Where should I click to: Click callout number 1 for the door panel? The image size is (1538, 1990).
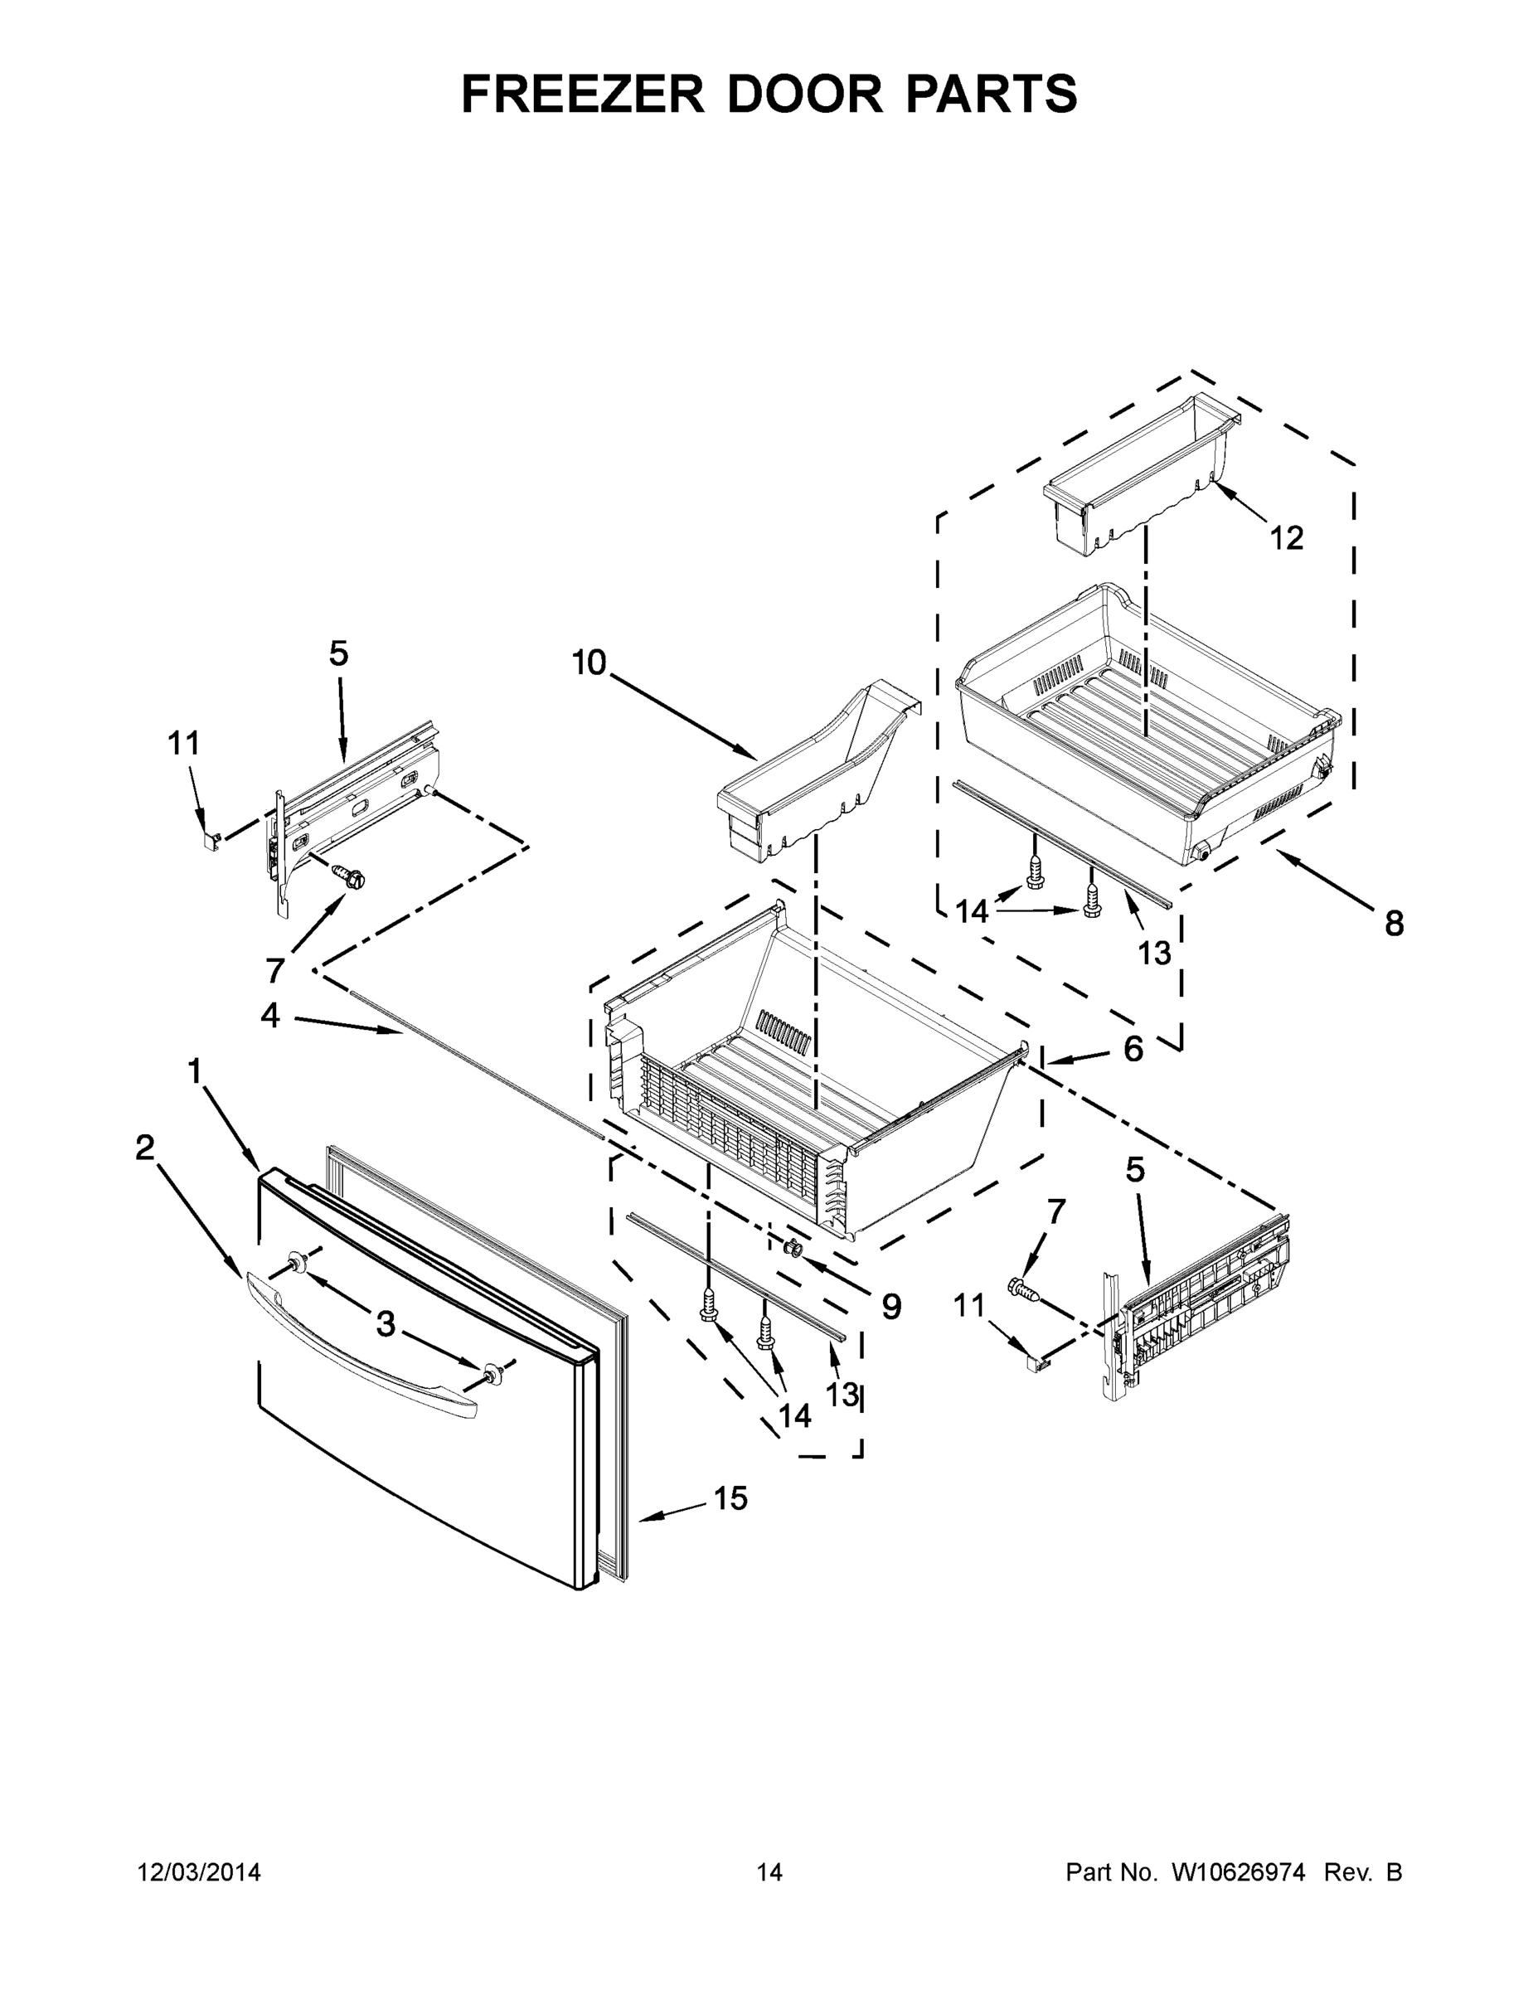pos(194,1071)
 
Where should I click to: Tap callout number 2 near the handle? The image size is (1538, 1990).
pos(145,1148)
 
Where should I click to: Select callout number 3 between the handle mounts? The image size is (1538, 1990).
pos(386,1323)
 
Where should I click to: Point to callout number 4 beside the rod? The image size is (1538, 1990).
pos(270,1014)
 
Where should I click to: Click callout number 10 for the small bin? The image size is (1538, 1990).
pos(589,663)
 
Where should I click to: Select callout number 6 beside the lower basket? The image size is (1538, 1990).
pos(1133,1049)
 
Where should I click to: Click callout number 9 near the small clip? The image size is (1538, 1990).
pos(891,1306)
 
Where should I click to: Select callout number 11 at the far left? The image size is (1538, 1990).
pos(183,744)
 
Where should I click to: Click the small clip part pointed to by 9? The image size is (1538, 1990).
pos(791,1246)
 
